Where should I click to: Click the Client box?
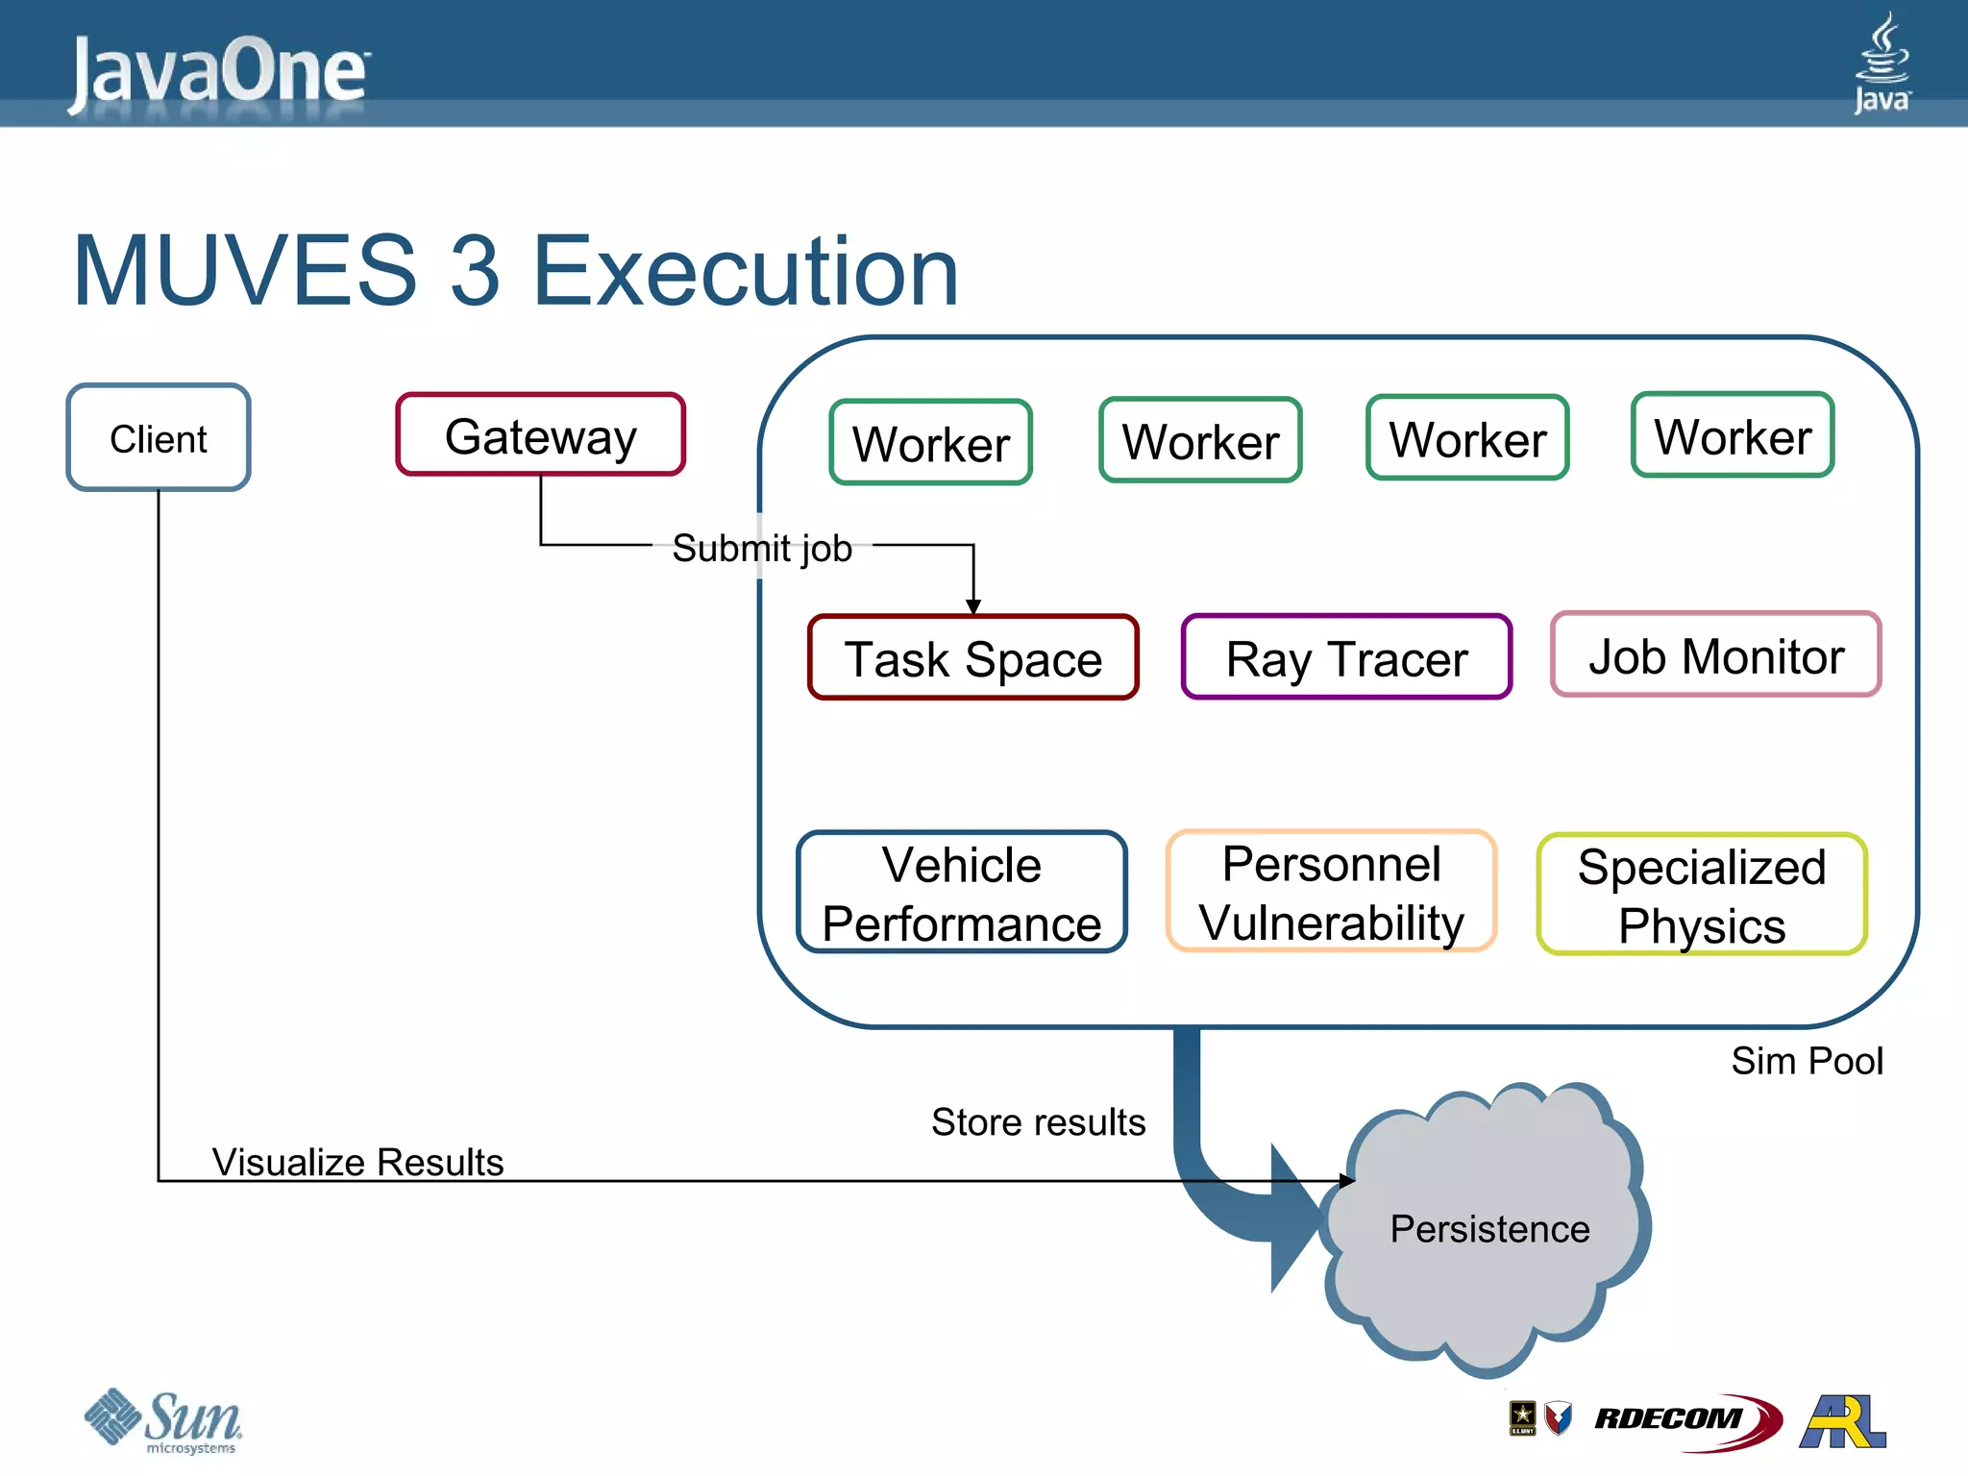(x=159, y=438)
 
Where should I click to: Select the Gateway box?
(x=540, y=435)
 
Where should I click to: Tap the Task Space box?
(x=972, y=658)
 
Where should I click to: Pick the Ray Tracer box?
(x=1346, y=658)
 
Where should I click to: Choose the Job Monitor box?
(x=1715, y=655)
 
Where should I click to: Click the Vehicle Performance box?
(x=961, y=893)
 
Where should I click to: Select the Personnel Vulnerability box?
(x=1331, y=892)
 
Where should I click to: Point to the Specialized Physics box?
(x=1701, y=895)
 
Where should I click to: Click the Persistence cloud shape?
(x=1488, y=1228)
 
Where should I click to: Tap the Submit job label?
(x=761, y=548)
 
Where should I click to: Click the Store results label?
(x=1038, y=1121)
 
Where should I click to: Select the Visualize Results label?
(x=357, y=1162)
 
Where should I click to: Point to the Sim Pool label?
(x=1807, y=1061)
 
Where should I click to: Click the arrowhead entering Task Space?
(x=973, y=606)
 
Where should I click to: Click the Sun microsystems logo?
(x=163, y=1419)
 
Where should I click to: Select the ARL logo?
(x=1842, y=1421)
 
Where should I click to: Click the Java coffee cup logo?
(x=1882, y=62)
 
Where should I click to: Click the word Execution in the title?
(x=745, y=271)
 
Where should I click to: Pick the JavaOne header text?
(x=219, y=72)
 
